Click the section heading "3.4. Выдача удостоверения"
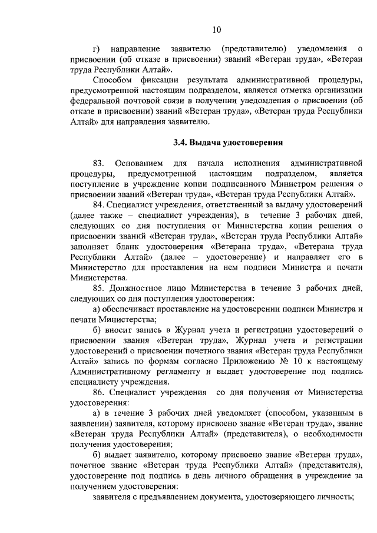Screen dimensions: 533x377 tap(229, 142)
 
